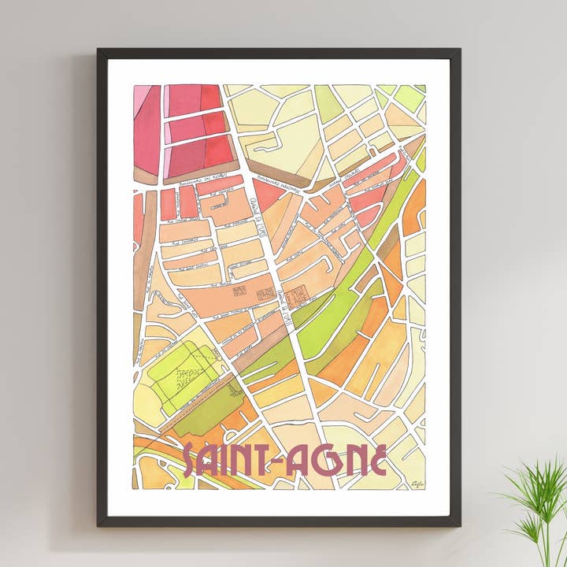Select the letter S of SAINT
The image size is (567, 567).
[190, 462]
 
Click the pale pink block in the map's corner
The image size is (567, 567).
[143, 98]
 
